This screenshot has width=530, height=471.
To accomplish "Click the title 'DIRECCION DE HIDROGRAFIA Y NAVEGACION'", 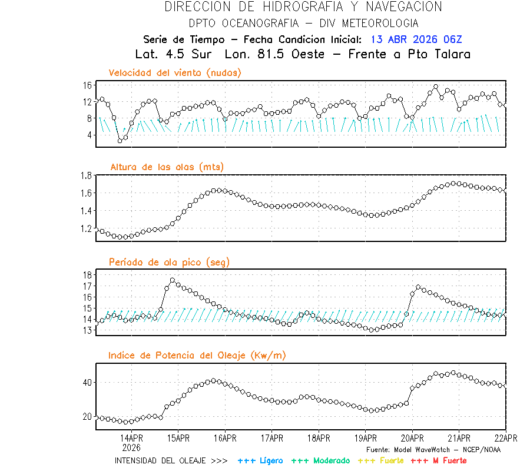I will pyautogui.click(x=303, y=7).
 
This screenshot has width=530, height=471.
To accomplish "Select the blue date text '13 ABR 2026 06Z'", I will pyautogui.click(x=416, y=39).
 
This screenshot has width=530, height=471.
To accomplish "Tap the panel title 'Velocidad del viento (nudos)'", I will pyautogui.click(x=175, y=72).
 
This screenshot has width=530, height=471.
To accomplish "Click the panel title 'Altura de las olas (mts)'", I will pyautogui.click(x=167, y=167).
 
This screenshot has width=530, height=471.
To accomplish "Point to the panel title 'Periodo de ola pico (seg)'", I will pyautogui.click(x=169, y=262).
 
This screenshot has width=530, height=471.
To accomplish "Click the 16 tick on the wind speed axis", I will pyautogui.click(x=87, y=85).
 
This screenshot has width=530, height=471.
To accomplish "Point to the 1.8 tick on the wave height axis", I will pyautogui.click(x=86, y=175).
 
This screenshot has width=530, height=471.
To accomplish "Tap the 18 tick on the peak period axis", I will pyautogui.click(x=87, y=275).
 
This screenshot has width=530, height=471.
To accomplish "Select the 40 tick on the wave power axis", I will pyautogui.click(x=87, y=383).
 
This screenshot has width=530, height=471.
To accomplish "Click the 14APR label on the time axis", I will pyautogui.click(x=131, y=438).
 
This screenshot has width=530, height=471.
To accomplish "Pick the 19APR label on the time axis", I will pyautogui.click(x=365, y=438).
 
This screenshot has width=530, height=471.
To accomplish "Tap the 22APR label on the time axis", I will pyautogui.click(x=505, y=438).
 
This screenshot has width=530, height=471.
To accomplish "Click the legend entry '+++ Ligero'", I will pyautogui.click(x=260, y=460).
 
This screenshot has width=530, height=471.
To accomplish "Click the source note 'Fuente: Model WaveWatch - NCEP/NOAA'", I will pyautogui.click(x=433, y=450).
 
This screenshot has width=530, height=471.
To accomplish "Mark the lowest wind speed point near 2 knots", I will pyautogui.click(x=120, y=141).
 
